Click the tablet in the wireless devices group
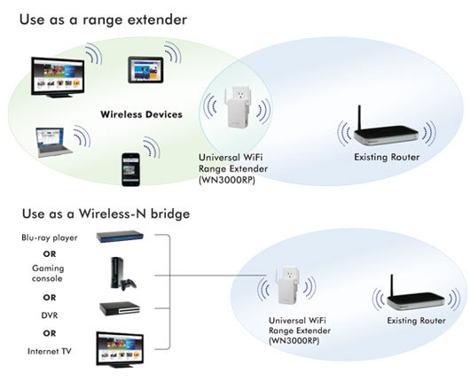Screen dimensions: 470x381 [x=145, y=70]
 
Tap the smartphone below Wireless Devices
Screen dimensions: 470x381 [x=130, y=169]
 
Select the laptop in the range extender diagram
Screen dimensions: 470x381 [x=53, y=143]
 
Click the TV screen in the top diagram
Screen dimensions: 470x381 [x=58, y=77]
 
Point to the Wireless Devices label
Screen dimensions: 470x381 [x=142, y=114]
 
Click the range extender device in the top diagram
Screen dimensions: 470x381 [x=237, y=107]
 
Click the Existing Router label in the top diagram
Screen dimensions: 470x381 [x=387, y=157]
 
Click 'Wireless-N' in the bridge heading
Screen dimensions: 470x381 [x=113, y=214]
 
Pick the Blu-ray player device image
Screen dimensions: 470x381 [x=120, y=237]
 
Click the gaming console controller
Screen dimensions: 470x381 [x=129, y=284]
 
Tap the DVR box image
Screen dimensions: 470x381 [x=120, y=308]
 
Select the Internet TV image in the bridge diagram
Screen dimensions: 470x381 [x=120, y=350]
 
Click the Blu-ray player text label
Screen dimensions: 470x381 [x=50, y=237]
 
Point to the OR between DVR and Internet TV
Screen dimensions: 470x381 [x=50, y=333]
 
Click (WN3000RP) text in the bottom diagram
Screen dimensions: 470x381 [x=294, y=341]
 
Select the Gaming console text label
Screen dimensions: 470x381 [x=48, y=273]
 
